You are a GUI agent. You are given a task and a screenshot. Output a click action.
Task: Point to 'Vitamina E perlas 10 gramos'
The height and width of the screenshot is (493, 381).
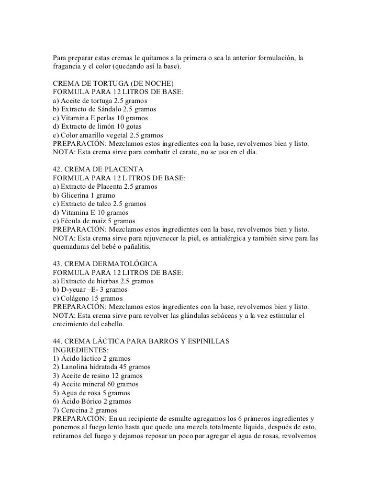tap(100, 118)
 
